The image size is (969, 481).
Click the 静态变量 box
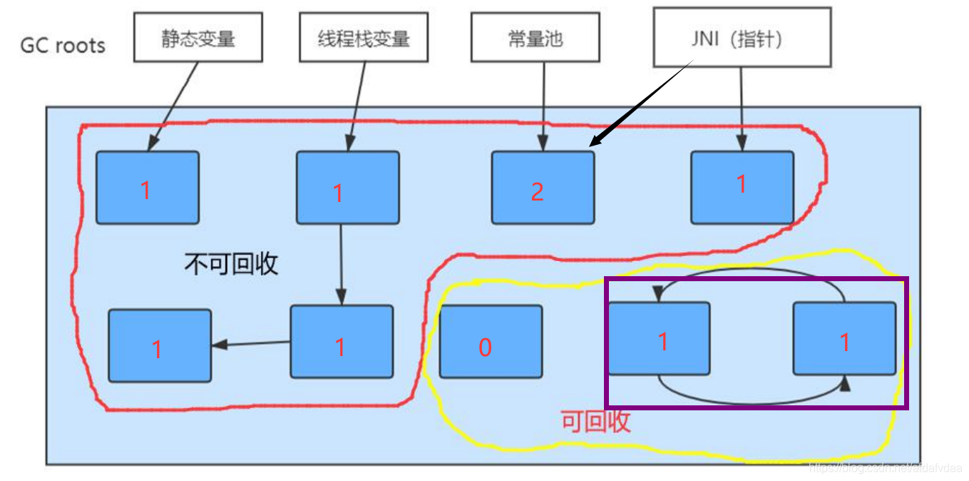point(198,38)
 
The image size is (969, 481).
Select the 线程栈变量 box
point(363,38)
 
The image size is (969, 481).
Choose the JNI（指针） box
point(742,38)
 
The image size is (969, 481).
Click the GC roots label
point(63,46)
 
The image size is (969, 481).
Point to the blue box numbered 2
point(543,188)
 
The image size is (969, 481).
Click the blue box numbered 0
point(491,342)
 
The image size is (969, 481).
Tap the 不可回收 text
point(231,265)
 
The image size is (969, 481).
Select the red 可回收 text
point(596,421)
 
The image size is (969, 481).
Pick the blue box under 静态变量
point(147,188)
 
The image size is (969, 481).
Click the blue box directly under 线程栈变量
point(347,188)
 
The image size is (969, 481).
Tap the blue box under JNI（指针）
point(742,186)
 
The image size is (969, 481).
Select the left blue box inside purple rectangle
point(659,338)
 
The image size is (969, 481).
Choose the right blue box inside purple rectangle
point(844,338)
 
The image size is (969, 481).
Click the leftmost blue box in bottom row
point(160,345)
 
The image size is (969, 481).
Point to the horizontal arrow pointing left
point(251,344)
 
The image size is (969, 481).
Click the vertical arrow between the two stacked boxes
point(341,264)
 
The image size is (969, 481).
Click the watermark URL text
point(884,467)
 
